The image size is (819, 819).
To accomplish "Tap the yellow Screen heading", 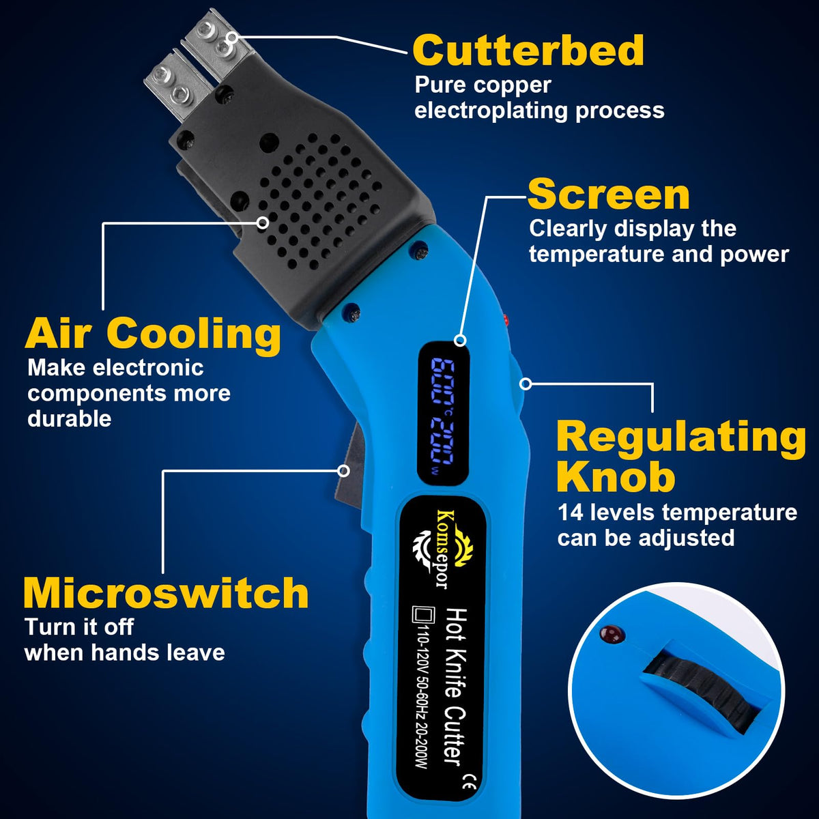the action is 608,195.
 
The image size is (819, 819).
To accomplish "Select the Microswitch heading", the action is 166,593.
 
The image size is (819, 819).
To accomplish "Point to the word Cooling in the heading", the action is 193,334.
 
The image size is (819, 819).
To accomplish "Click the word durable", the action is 70,419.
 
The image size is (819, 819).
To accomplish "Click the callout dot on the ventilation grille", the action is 263,222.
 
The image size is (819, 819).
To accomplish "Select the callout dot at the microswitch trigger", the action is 344,471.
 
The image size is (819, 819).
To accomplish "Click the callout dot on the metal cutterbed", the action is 231,38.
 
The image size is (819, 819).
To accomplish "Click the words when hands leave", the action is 125,653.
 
